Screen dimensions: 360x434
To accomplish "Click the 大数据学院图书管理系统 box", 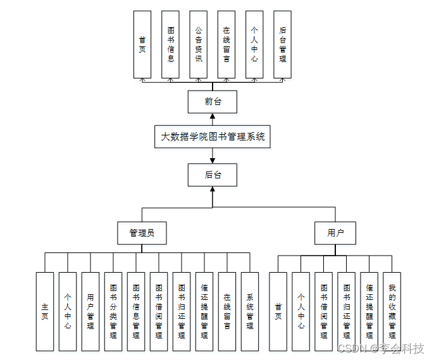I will [x=213, y=137].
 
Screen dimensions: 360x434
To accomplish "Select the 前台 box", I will [x=213, y=101].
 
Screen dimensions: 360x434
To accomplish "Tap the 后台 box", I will [x=213, y=175].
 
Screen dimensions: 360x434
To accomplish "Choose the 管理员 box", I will [x=142, y=233].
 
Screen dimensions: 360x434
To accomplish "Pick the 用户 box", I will [x=335, y=233].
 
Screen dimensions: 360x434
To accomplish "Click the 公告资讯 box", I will [x=198, y=44].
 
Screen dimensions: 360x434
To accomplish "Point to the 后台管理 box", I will [x=282, y=44].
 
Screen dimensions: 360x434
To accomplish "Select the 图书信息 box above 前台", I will [x=170, y=44].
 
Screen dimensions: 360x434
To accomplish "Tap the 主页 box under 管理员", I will [x=45, y=311].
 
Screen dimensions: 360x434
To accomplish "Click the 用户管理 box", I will [x=90, y=311].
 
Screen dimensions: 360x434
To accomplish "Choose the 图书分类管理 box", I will [x=113, y=311].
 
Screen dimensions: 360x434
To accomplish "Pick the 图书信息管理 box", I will [x=136, y=311].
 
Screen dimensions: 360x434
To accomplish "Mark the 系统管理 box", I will [x=250, y=311].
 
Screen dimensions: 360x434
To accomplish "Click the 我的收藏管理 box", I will [x=392, y=311].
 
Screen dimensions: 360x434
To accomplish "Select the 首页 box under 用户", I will [x=278, y=311].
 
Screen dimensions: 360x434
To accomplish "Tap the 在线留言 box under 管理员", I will [x=227, y=311].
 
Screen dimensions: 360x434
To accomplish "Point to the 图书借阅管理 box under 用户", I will [x=323, y=311].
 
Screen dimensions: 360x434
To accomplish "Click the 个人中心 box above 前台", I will [x=254, y=44].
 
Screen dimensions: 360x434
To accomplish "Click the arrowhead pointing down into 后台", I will [x=213, y=159].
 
